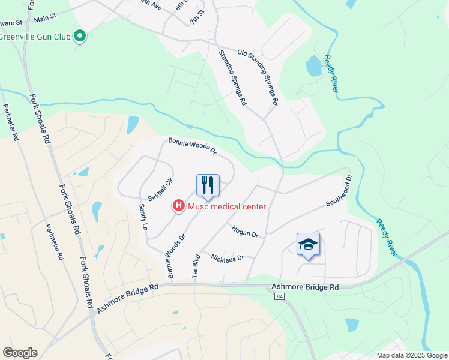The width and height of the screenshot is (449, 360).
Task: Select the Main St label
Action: [x=45, y=20]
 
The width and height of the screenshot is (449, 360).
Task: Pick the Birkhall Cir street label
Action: [x=160, y=190]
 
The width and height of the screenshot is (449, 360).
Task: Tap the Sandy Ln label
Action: [x=143, y=217]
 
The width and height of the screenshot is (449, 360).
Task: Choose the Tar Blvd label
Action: [x=195, y=267]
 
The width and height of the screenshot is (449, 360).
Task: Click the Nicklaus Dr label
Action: [x=228, y=258]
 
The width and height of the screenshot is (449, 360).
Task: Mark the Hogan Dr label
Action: [x=244, y=231]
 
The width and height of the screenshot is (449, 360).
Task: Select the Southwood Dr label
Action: [x=338, y=191]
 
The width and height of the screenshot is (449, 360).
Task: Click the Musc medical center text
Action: [x=227, y=207]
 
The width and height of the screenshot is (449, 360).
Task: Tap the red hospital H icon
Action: [x=178, y=206]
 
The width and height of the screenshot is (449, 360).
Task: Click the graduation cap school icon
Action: [x=307, y=244]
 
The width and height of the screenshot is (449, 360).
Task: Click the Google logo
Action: [x=20, y=353]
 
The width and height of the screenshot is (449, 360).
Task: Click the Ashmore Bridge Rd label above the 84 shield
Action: [x=305, y=287]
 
